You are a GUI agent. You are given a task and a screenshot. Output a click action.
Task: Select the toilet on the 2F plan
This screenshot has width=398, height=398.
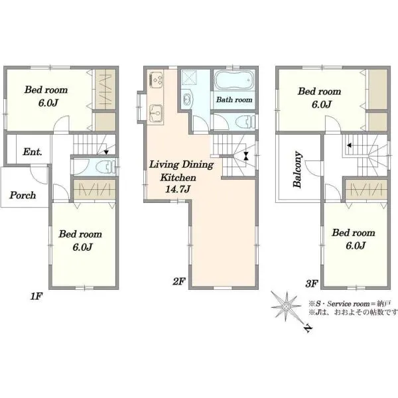pyautogui.click(x=245, y=122)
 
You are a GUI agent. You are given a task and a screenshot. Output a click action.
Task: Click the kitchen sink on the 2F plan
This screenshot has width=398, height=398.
pyautogui.click(x=156, y=113)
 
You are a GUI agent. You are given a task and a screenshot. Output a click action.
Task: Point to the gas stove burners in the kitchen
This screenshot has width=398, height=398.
pyautogui.click(x=156, y=79)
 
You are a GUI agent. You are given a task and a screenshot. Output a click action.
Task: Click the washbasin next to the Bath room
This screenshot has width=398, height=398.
pyautogui.click(x=187, y=99)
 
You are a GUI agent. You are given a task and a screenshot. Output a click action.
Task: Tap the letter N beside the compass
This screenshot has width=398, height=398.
pyautogui.click(x=308, y=328)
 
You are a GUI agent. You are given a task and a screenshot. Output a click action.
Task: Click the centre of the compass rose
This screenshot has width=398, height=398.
pyautogui.click(x=286, y=306)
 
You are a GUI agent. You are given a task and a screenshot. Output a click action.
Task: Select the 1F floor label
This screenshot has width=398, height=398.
pyautogui.click(x=36, y=296)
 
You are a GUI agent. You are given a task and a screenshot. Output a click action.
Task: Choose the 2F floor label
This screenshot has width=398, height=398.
pyautogui.click(x=179, y=281)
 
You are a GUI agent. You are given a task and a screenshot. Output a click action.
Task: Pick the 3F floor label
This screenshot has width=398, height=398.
pyautogui.click(x=312, y=283)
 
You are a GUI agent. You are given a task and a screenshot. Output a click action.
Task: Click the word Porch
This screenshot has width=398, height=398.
pyautogui.click(x=23, y=195)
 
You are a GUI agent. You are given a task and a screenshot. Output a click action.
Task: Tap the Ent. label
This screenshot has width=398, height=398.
pyautogui.click(x=33, y=152)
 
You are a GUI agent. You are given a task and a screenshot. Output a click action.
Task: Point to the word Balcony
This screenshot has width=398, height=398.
pyautogui.click(x=297, y=170)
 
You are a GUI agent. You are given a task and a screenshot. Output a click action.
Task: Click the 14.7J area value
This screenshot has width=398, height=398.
pyautogui.click(x=178, y=189)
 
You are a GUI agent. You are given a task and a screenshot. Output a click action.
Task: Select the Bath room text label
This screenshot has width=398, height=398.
pyautogui.click(x=234, y=99)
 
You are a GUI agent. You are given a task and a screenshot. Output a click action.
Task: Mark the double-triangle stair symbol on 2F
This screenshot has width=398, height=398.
pyautogui.click(x=245, y=156)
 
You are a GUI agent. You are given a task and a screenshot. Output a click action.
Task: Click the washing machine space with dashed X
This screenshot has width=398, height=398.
pyautogui.click(x=188, y=77)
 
